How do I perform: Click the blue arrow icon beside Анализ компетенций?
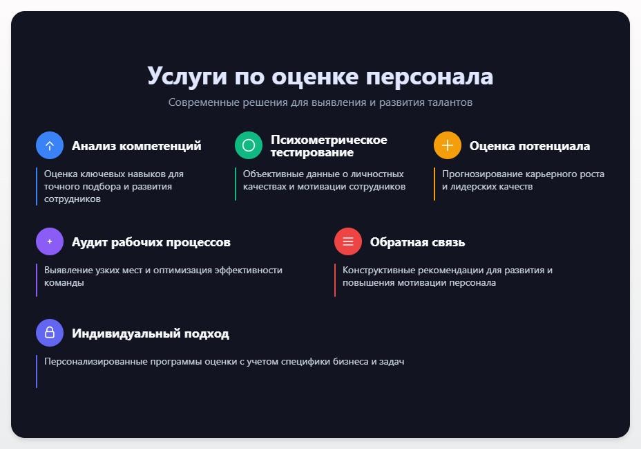point(50,145)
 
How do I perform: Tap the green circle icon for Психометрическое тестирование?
point(249,145)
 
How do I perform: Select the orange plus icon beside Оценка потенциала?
point(448,145)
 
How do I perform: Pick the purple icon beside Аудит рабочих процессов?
point(50,241)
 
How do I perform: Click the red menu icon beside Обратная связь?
point(348,241)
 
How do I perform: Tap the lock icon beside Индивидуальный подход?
point(50,333)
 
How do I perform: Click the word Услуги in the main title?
point(186,76)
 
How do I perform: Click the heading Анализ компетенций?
point(137,146)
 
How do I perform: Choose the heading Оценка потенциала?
point(530,146)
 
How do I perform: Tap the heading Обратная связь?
point(417,242)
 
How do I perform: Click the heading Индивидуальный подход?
point(151,333)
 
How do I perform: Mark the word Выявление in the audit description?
point(68,271)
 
